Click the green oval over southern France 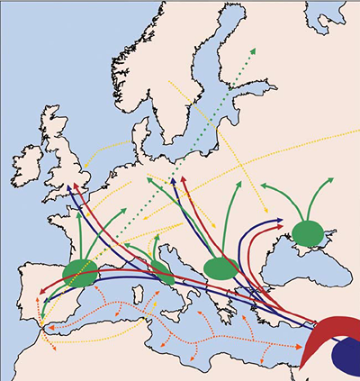82,274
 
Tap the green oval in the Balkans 220,268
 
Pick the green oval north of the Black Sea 309,232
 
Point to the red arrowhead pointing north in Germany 184,180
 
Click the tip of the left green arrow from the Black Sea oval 263,186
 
